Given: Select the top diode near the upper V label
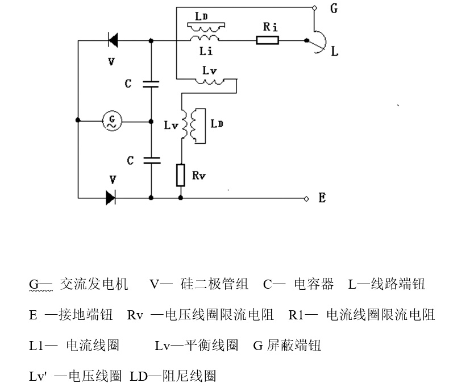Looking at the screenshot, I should coord(113,40).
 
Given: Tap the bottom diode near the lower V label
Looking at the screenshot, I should coord(110,198).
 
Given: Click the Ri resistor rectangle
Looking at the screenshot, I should coord(267,40).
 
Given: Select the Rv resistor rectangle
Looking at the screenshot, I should coord(181,175).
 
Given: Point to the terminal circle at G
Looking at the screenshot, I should coord(314,9).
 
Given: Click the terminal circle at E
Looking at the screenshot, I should coord(307,198).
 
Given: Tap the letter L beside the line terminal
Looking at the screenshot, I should coord(335,52).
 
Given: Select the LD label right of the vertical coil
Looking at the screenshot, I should coord(217,123).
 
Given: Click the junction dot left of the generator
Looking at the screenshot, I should coord(78,120).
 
